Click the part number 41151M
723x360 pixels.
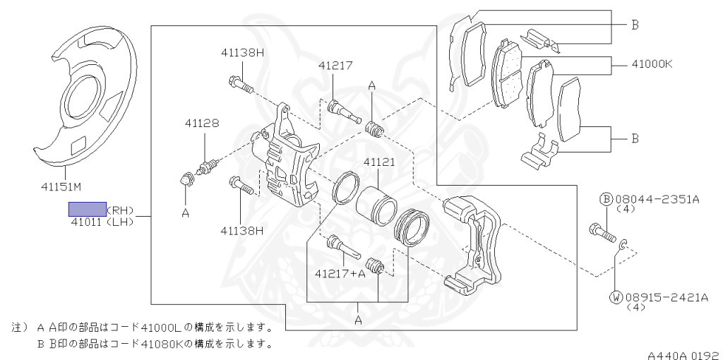pyautogui.click(x=61, y=187)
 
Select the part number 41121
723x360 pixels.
pyautogui.click(x=378, y=162)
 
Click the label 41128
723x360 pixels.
pyautogui.click(x=202, y=123)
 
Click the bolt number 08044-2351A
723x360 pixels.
pyautogui.click(x=657, y=200)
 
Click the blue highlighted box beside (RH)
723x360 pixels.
pyautogui.click(x=87, y=209)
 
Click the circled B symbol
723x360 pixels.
pyautogui.click(x=606, y=200)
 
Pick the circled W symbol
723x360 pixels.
pyautogui.click(x=616, y=298)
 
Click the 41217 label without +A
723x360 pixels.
pyautogui.click(x=335, y=66)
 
